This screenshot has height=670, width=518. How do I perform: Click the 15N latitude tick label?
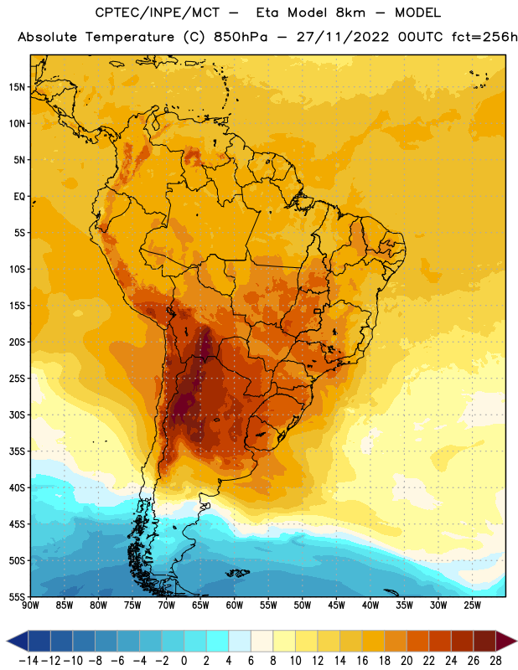tap(17, 87)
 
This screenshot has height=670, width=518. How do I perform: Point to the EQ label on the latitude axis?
tap(19, 197)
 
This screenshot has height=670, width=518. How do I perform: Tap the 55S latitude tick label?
tap(17, 596)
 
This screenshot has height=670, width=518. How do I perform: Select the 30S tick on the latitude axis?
tap(17, 415)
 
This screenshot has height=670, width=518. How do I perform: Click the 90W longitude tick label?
tap(31, 605)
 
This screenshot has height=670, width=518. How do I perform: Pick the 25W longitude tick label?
tap(472, 605)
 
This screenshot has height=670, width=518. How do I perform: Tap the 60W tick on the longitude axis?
tap(235, 605)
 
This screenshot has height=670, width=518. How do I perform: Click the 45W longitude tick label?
tap(336, 605)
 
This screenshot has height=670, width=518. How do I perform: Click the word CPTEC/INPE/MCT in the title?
tap(157, 13)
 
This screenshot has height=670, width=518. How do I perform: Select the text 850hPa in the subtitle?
tap(241, 37)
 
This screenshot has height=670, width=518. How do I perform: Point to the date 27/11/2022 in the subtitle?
tap(343, 37)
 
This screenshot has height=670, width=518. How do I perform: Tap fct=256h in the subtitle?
tap(484, 37)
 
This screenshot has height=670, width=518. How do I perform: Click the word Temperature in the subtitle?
tap(130, 38)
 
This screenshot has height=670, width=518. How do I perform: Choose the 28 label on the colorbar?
tap(495, 661)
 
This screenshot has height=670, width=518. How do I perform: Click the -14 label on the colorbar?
tap(28, 661)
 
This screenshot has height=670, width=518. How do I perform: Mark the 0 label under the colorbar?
tap(184, 661)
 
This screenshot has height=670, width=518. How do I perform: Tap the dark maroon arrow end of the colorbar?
tap(506, 641)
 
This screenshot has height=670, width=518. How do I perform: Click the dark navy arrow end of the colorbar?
tap(18, 641)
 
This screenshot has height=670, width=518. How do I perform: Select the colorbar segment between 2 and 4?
tap(217, 641)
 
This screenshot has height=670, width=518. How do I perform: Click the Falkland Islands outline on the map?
tap(237, 573)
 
